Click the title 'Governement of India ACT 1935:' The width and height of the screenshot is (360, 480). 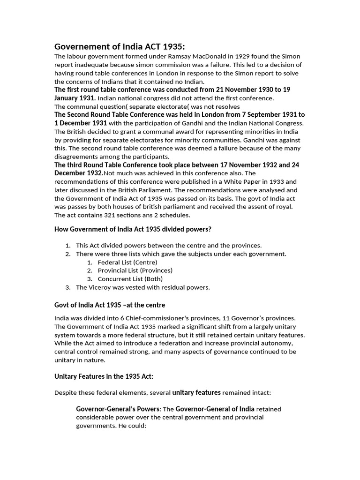tap(120, 46)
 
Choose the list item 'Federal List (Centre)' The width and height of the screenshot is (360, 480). tap(127, 262)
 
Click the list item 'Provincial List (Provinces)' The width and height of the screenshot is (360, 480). tap(135, 270)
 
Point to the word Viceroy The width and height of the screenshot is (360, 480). tap(99, 287)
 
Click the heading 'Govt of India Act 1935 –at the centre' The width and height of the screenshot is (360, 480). tap(110, 305)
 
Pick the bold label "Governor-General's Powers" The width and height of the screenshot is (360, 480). tap(118, 409)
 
